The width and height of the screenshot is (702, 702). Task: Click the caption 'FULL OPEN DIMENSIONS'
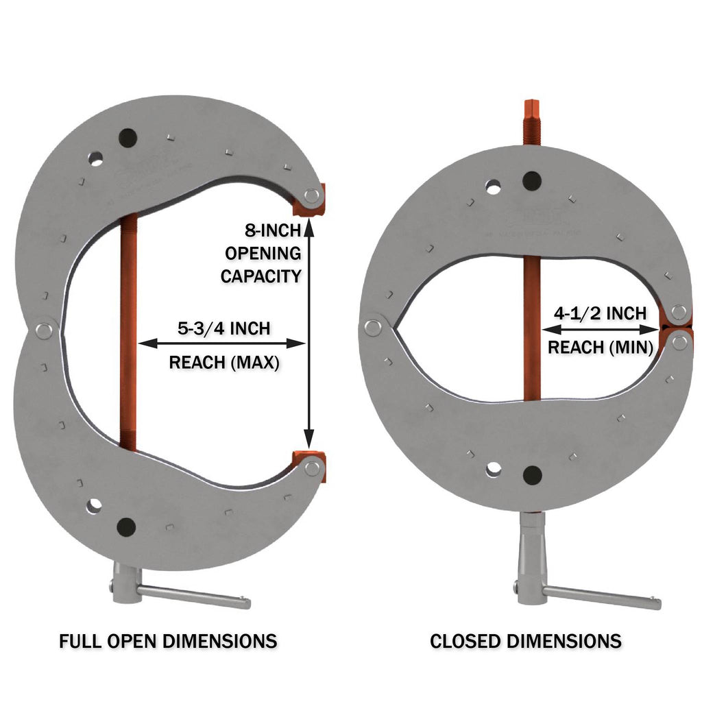pos(168,642)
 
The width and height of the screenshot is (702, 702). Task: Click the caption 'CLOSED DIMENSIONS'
pos(525,642)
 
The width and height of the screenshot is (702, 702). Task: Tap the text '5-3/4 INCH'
pos(223,328)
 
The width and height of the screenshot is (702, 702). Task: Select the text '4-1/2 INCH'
pos(601,314)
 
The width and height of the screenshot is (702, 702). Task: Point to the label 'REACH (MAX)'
pos(223,362)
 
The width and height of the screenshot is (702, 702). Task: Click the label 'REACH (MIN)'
pos(601,347)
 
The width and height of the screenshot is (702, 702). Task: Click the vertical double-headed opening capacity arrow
pos(309,329)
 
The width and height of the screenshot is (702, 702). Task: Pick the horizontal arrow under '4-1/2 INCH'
pos(601,330)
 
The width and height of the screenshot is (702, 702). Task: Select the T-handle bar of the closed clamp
pos(603,597)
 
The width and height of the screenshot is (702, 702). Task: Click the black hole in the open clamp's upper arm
pos(127,137)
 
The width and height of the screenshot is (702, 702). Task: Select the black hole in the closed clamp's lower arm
pos(531,474)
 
